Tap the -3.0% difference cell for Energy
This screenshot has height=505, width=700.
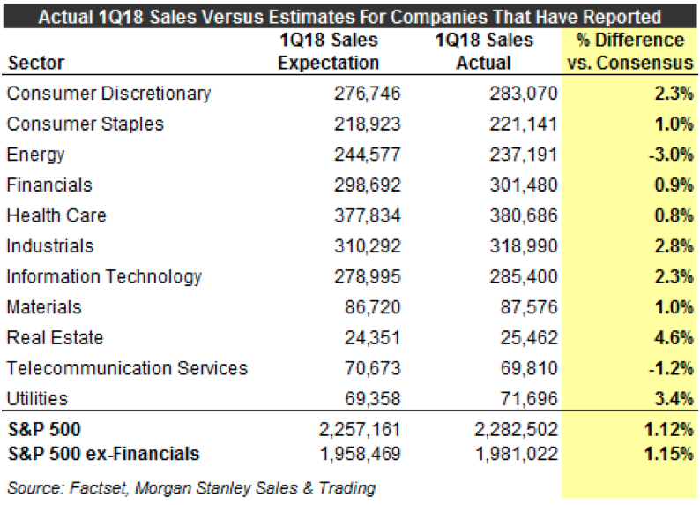tap(671, 155)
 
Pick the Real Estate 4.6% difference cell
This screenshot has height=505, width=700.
tap(674, 338)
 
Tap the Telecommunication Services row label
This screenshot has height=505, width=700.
tap(127, 368)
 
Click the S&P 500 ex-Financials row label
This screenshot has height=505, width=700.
tap(102, 455)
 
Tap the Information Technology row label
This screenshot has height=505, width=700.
tap(104, 276)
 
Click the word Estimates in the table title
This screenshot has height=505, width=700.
tap(320, 15)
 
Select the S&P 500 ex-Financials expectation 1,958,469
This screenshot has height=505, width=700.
tap(361, 455)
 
